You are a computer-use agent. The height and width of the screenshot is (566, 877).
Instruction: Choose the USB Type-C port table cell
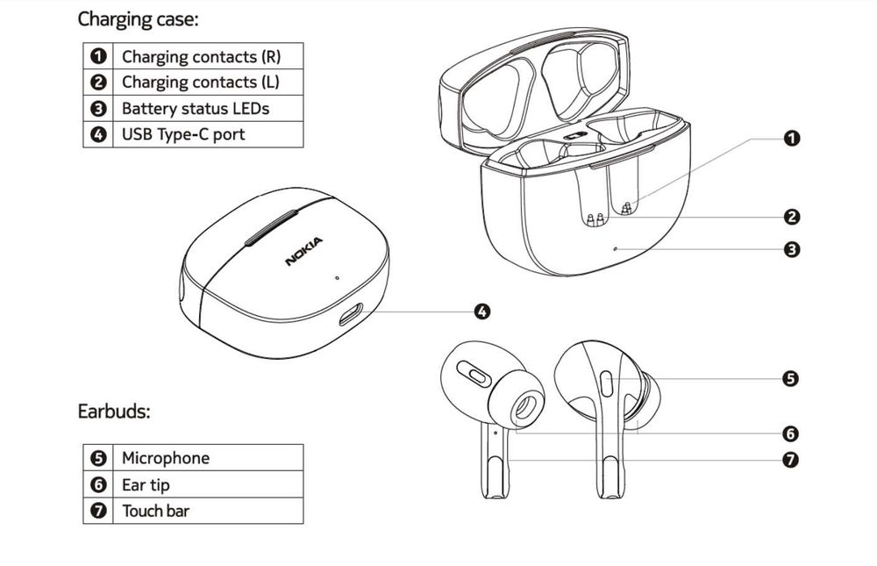[x=183, y=134]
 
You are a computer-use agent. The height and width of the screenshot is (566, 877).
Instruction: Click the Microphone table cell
[x=166, y=458]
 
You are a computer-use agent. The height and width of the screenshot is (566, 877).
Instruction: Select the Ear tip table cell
[x=146, y=484]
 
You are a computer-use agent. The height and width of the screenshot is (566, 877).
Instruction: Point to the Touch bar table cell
[x=155, y=511]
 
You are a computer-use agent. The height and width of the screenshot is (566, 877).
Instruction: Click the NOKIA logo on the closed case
[x=303, y=252]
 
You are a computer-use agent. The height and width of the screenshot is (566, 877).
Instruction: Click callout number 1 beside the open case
[x=791, y=138]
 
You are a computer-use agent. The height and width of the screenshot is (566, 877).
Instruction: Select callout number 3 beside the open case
[x=791, y=249]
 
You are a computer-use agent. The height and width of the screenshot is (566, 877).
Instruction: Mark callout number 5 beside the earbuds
[x=791, y=379]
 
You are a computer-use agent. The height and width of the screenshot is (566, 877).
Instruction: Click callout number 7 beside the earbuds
[x=791, y=459]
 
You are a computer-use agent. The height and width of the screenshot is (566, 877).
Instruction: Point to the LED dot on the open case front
[x=616, y=248]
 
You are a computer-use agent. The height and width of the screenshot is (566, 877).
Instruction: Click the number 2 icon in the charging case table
[x=99, y=82]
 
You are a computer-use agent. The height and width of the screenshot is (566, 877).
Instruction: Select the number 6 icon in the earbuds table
[x=99, y=484]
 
